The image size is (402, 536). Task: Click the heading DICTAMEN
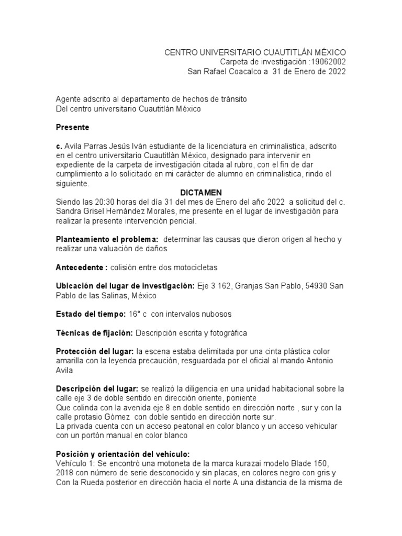tap(198, 193)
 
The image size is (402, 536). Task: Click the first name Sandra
tap(69, 211)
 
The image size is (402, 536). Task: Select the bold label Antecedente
tap(80, 267)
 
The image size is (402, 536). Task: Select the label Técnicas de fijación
tap(94, 333)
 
